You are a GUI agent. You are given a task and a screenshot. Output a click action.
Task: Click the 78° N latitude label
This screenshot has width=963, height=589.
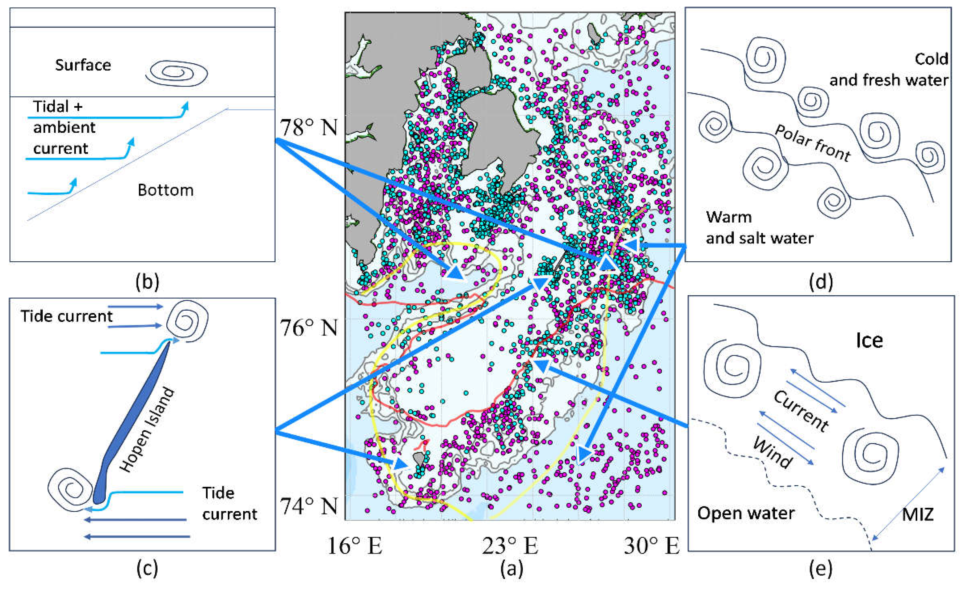pyautogui.click(x=308, y=127)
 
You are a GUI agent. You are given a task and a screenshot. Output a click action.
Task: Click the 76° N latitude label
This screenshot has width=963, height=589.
pyautogui.click(x=308, y=327)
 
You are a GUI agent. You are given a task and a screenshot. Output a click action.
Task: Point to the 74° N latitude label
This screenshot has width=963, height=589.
pyautogui.click(x=308, y=506)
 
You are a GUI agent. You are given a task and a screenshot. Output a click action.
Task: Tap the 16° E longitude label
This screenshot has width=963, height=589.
pyautogui.click(x=355, y=546)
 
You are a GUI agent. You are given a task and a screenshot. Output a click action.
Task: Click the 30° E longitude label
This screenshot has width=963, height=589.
pyautogui.click(x=651, y=546)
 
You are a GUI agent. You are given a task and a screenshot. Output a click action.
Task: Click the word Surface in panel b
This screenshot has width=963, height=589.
pyautogui.click(x=83, y=65)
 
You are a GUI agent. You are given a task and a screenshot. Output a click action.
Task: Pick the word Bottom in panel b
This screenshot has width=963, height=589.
pyautogui.click(x=165, y=190)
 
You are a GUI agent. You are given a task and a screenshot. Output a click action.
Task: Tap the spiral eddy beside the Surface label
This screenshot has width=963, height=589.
pyautogui.click(x=177, y=73)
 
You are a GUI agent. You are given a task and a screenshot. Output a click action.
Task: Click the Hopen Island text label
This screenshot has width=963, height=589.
pyautogui.click(x=147, y=430)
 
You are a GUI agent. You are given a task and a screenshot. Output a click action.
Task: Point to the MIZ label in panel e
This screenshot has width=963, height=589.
pyautogui.click(x=917, y=514)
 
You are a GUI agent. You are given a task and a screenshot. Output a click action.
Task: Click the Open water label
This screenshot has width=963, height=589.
pyautogui.click(x=746, y=513)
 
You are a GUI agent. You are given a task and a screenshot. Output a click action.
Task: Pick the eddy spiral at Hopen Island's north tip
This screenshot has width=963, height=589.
pyautogui.click(x=187, y=322)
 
